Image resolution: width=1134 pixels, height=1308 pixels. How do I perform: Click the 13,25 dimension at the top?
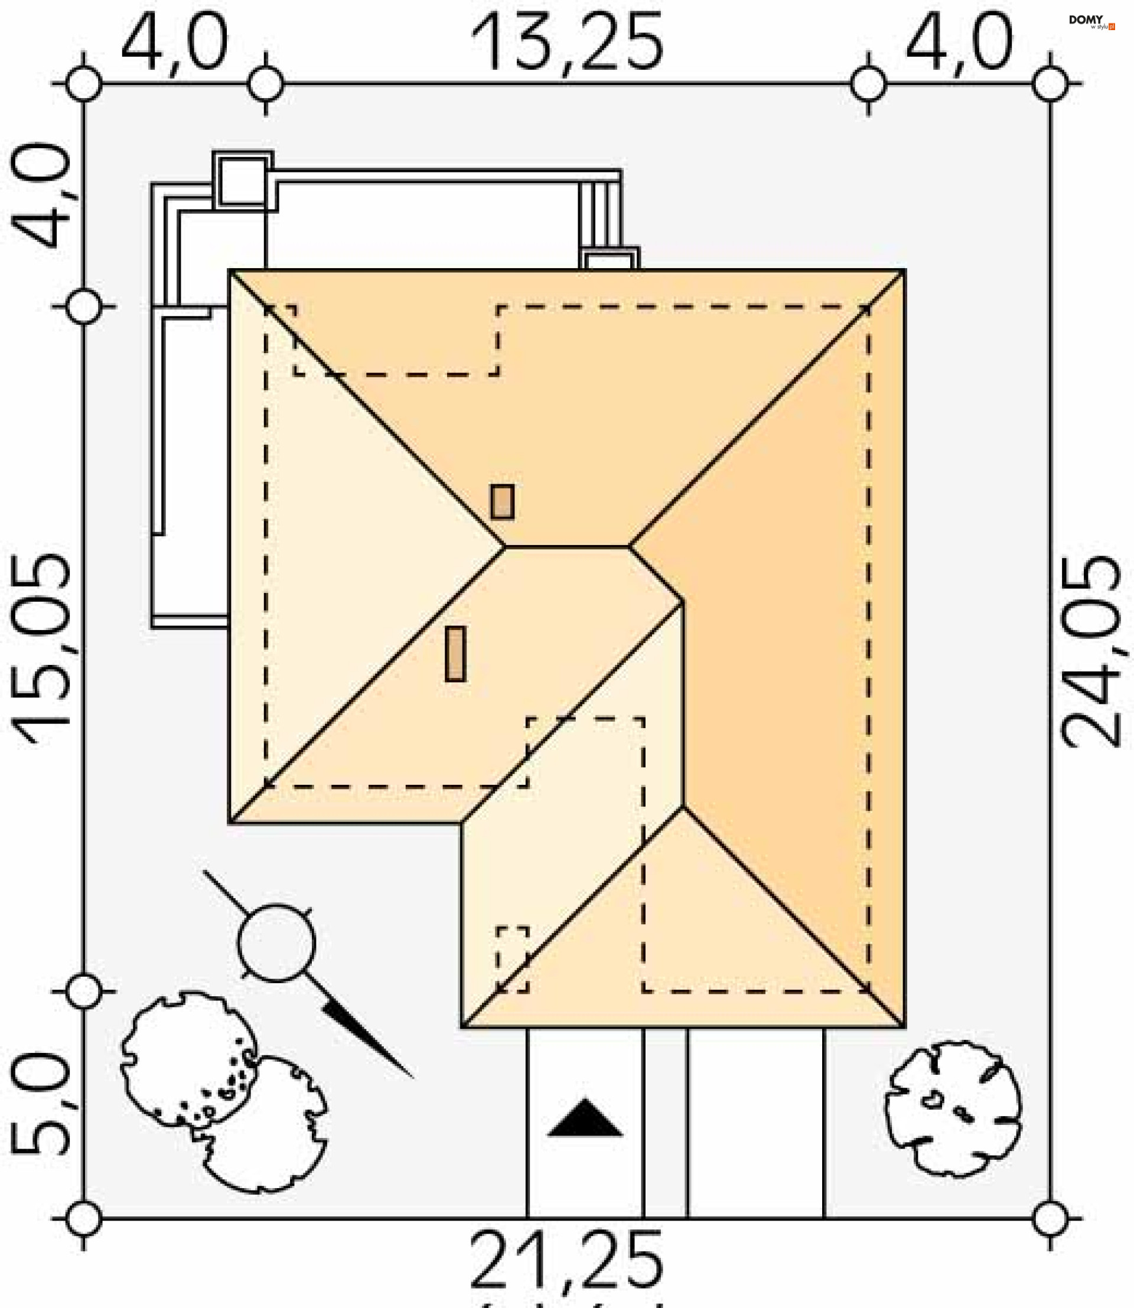[x=567, y=43]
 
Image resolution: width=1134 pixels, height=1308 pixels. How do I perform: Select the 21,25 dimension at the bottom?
[x=567, y=1259]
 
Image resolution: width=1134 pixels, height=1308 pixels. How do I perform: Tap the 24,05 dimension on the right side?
[x=1090, y=652]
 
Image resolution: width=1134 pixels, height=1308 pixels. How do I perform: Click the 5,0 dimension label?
[x=39, y=1104]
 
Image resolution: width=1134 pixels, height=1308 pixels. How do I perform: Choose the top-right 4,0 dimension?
[x=959, y=43]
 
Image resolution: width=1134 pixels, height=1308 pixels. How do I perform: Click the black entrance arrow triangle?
[x=585, y=1119]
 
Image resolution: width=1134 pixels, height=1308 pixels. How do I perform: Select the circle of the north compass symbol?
[x=276, y=944]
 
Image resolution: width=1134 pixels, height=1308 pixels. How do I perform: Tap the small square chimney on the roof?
[x=503, y=502]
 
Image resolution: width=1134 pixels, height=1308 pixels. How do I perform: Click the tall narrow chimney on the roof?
[x=455, y=654]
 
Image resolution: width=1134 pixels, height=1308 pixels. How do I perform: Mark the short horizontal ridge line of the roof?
[x=566, y=546]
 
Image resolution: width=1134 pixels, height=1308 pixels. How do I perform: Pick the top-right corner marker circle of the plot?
[x=1050, y=83]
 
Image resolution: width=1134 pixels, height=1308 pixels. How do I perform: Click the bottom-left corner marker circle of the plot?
[x=83, y=1218]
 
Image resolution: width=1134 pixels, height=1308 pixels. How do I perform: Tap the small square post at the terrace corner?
[x=242, y=181]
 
